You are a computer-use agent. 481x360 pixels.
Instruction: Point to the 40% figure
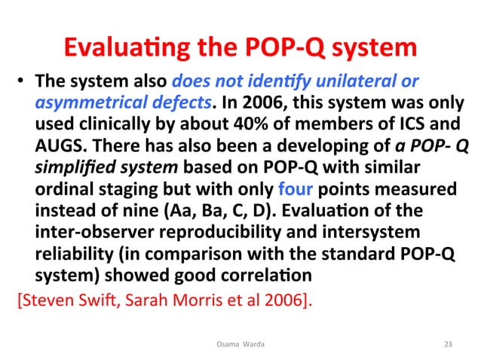[x=243, y=122]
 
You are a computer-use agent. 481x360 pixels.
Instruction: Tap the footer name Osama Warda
[x=240, y=343]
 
